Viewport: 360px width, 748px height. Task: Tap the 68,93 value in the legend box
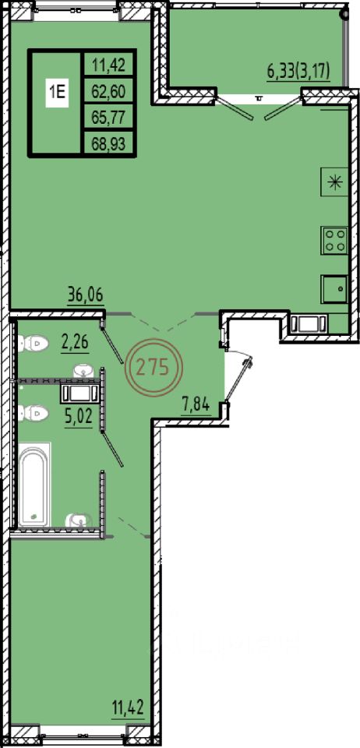(x=109, y=143)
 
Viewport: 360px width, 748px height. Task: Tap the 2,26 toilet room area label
(x=76, y=343)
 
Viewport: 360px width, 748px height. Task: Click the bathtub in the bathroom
(x=35, y=484)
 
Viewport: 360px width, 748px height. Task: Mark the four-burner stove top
(x=334, y=240)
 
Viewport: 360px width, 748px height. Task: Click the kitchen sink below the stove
(x=335, y=289)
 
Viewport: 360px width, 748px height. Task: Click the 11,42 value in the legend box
(x=109, y=65)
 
